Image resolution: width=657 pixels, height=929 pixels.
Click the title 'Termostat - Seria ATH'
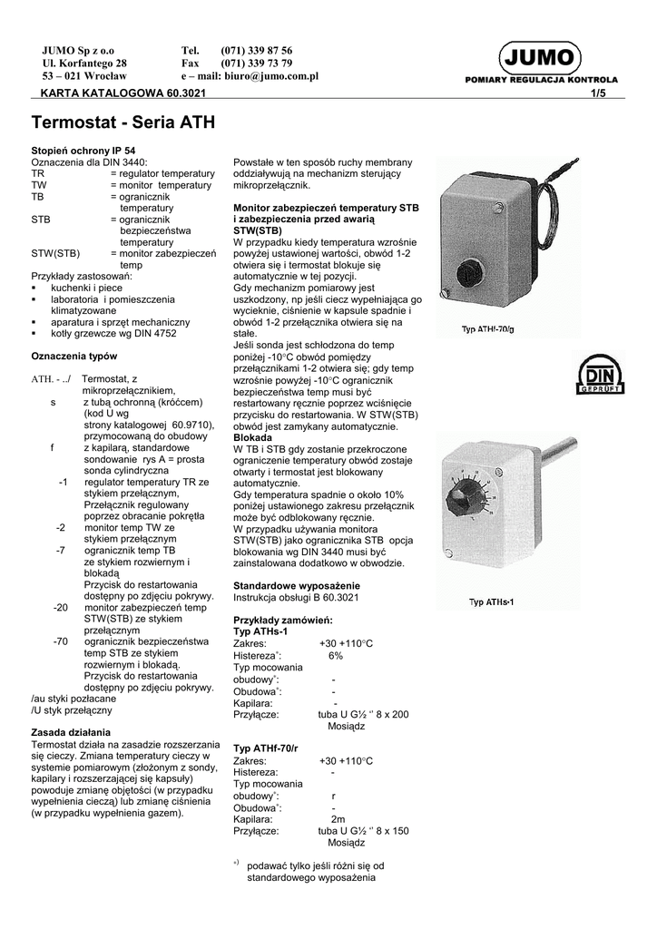click(123, 121)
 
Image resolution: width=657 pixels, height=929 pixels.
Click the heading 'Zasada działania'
click(71, 731)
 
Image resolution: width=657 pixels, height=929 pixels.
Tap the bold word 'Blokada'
click(255, 436)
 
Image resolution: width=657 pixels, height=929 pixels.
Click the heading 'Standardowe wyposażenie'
click(297, 585)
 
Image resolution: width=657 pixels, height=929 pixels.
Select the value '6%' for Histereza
click(336, 655)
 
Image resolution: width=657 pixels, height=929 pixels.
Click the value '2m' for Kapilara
click(338, 818)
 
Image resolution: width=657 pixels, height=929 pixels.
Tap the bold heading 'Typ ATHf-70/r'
click(273, 748)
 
